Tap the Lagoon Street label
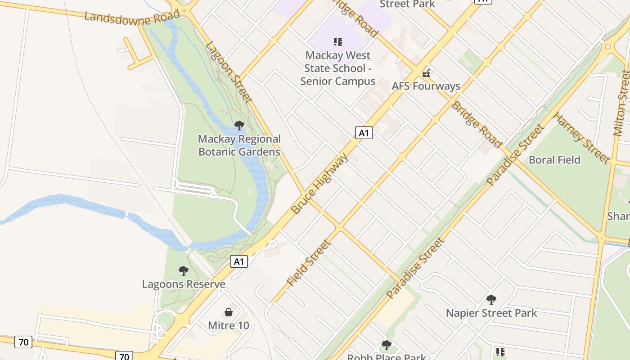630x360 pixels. coord(228,72)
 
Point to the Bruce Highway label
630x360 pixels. coord(319,184)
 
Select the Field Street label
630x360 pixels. coord(309,263)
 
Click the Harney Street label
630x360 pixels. coord(581,138)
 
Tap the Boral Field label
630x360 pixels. coord(554,160)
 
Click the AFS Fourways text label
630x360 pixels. coord(426,86)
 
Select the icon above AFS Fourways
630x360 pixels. coord(426,73)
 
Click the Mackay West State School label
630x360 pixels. coord(337,68)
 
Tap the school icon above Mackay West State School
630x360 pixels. coord(337,42)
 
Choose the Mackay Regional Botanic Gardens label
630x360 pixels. coord(239,145)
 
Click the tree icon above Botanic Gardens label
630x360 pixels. coord(239,126)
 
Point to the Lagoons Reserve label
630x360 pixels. coord(184,284)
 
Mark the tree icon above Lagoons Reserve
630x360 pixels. coord(183,271)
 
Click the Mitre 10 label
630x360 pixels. coord(229,325)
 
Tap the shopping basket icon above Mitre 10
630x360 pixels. coord(229,312)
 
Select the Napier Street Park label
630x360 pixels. coord(491,313)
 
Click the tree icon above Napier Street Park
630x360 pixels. coord(491,299)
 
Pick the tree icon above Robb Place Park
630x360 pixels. coord(386,345)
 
